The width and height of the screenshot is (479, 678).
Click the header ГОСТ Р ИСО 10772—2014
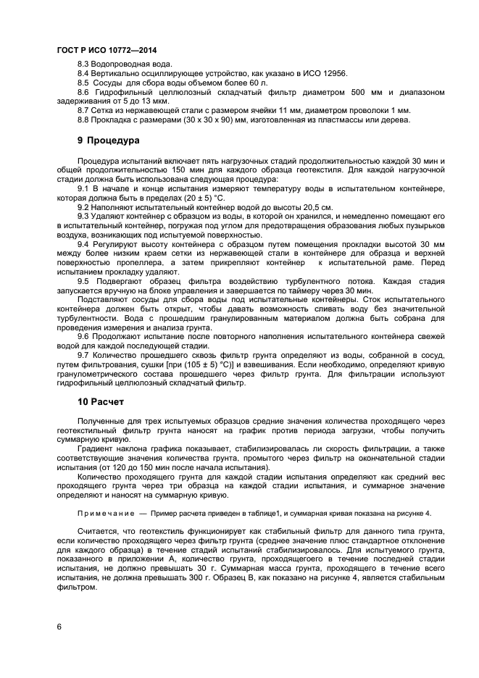107,51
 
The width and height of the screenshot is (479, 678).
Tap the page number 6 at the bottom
59,626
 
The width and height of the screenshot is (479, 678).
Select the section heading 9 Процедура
109,139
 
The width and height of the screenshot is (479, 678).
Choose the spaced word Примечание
106,513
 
